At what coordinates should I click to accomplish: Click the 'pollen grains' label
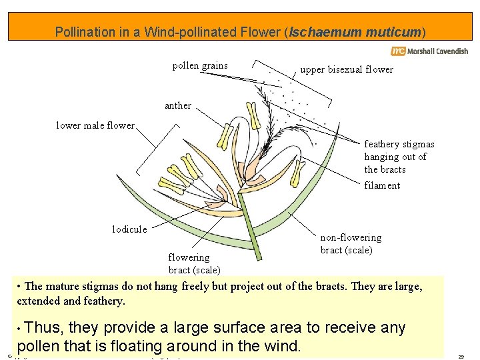tap(200, 65)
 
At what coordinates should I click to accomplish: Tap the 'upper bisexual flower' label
tap(347, 69)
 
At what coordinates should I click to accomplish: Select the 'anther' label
tap(177, 105)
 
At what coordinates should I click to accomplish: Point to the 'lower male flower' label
tap(95, 125)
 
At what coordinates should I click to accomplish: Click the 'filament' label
tap(382, 185)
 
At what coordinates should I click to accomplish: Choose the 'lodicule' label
tap(129, 229)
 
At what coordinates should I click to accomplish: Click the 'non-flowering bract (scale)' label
tap(351, 244)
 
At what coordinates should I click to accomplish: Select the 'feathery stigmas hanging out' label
tap(399, 157)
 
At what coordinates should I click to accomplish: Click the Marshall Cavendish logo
tap(429, 51)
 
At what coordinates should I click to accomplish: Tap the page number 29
tap(461, 357)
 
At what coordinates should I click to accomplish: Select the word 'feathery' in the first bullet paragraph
tap(105, 301)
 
